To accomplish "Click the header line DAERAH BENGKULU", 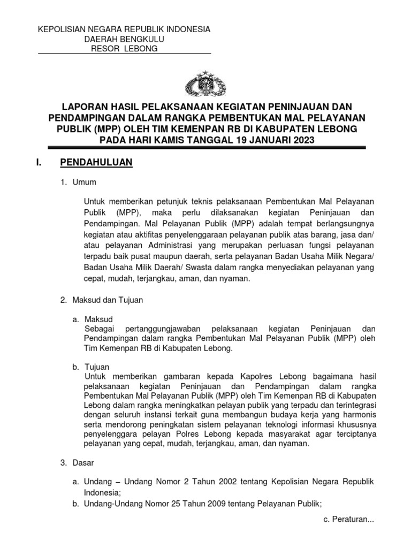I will (124, 39).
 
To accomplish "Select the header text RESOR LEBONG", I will (124, 49).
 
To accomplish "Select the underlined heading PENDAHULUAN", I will (96, 162).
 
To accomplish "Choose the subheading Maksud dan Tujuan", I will (108, 300).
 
